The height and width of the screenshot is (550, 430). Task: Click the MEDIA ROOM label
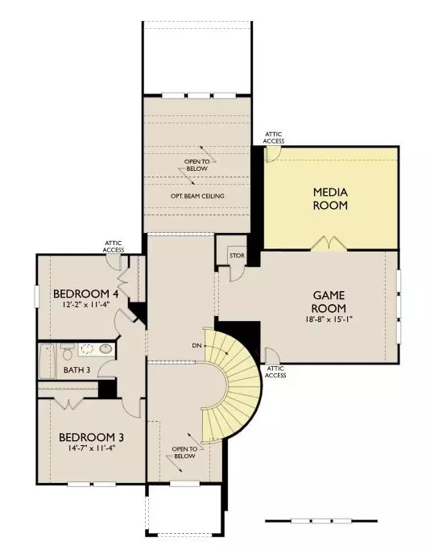[330, 198]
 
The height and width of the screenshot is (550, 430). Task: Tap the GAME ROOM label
[329, 302]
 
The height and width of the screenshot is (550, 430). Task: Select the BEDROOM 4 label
[85, 294]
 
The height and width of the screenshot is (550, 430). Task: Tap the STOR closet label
[236, 256]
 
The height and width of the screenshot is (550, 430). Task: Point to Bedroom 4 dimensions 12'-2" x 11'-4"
[85, 305]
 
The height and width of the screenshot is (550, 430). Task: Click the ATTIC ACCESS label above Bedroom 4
[113, 246]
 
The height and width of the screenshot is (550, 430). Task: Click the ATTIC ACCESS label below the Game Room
[275, 371]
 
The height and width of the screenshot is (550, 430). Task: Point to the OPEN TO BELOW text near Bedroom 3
[184, 452]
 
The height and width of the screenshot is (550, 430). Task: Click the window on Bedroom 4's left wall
[35, 296]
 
